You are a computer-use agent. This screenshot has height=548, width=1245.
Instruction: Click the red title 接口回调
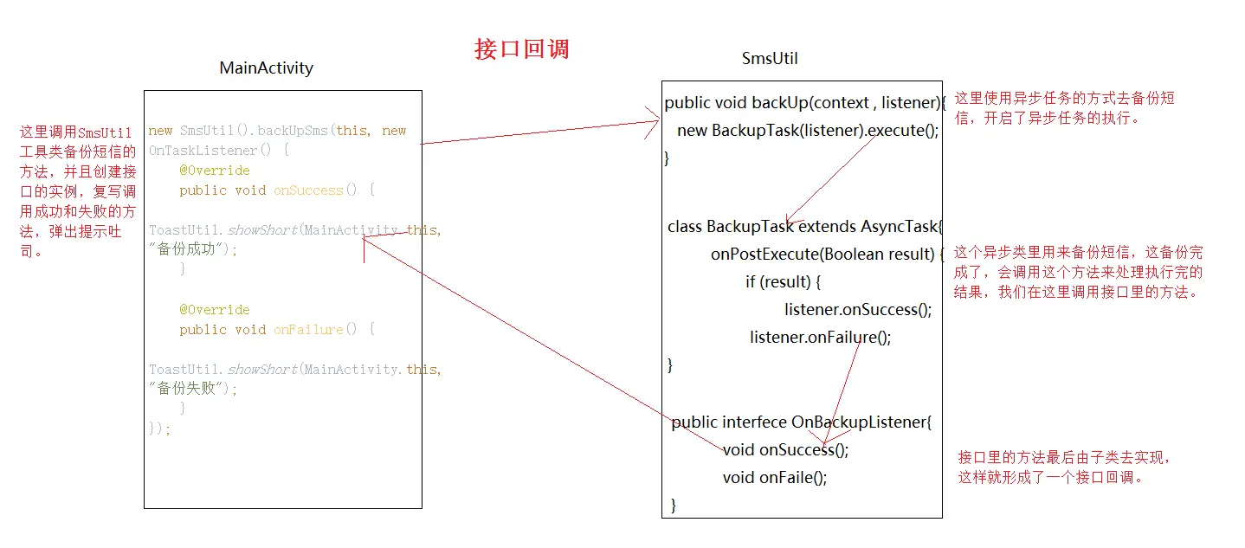click(x=522, y=49)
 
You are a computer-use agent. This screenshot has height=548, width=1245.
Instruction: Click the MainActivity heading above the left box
click(x=267, y=68)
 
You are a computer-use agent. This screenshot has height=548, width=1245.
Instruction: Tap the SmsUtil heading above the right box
click(x=770, y=58)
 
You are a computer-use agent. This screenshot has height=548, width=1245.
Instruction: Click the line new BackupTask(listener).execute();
click(x=808, y=131)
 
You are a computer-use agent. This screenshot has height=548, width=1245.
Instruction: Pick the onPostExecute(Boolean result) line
click(x=828, y=255)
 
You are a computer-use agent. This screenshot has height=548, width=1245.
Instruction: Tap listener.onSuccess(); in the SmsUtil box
click(x=858, y=310)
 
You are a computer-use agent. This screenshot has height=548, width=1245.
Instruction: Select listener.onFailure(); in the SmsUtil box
click(x=820, y=338)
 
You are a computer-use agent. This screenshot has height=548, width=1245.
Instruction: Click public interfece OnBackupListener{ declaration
click(x=802, y=422)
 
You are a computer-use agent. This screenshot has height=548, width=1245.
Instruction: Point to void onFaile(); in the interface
click(x=775, y=477)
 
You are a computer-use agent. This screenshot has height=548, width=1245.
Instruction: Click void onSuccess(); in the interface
click(x=785, y=449)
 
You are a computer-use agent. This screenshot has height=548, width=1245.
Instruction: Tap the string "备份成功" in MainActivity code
click(x=191, y=249)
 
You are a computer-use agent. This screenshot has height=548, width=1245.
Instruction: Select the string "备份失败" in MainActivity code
click(x=191, y=388)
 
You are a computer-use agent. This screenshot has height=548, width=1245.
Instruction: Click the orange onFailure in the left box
click(x=308, y=330)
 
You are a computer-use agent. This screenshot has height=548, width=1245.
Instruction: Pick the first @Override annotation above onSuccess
click(x=215, y=171)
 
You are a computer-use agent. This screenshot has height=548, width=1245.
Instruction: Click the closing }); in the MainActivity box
click(x=160, y=428)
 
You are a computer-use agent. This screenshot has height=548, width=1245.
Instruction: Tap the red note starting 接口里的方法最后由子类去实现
click(x=1064, y=467)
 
